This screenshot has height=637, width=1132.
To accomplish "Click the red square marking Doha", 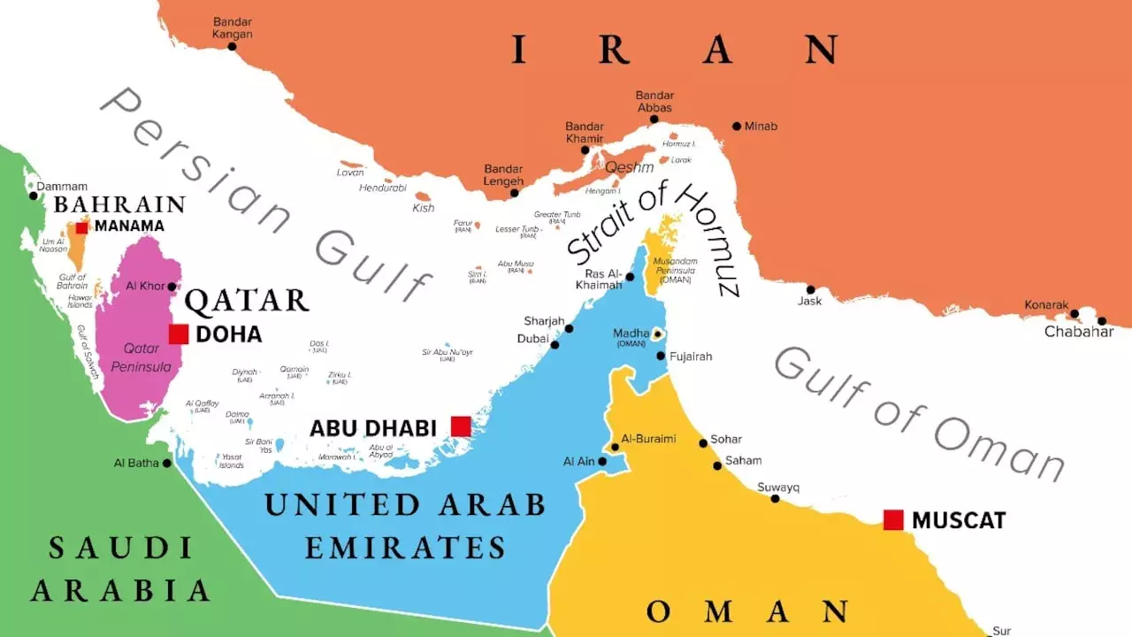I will click(x=179, y=334).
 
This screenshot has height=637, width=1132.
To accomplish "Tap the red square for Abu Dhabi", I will click(x=461, y=426).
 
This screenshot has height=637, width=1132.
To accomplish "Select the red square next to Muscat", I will click(x=893, y=520).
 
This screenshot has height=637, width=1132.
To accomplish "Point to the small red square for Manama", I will click(x=81, y=227).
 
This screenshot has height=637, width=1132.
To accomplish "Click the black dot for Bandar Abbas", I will click(x=654, y=119).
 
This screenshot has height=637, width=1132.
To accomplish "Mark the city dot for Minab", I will click(x=736, y=126).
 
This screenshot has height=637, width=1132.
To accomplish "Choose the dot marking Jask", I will click(x=810, y=289).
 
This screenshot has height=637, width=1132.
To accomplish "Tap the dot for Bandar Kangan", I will click(x=233, y=46).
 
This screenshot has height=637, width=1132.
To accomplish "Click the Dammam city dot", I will click(x=34, y=196).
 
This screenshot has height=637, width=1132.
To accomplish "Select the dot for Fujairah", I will click(x=661, y=356).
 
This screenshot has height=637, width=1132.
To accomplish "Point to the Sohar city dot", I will click(x=704, y=442).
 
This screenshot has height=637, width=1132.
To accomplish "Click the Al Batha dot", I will click(x=167, y=463).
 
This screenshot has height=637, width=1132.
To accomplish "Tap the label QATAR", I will click(x=247, y=301).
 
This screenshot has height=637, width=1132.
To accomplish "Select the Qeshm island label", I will click(x=630, y=166).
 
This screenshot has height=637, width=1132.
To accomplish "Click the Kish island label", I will click(x=424, y=208).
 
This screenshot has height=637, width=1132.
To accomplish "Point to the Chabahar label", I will click(x=1079, y=332).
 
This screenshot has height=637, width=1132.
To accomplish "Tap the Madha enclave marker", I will click(x=657, y=334).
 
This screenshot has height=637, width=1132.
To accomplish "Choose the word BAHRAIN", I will click(x=119, y=205).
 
